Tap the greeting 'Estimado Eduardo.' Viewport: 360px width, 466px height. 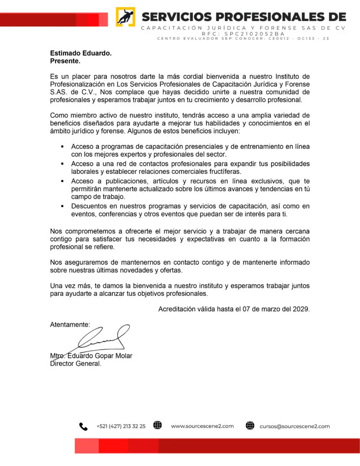coord(81,53)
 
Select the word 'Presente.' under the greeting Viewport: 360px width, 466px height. coord(65,61)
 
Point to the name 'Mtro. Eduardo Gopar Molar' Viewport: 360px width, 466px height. coord(91,356)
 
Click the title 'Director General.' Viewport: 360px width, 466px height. coord(76,364)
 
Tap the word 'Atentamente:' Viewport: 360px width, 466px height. coord(70,324)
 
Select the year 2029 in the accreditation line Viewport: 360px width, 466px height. coord(301,309)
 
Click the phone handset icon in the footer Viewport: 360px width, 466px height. coord(83,426)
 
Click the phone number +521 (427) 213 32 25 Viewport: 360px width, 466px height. coord(121,426)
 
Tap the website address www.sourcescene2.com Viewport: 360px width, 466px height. coord(202,426)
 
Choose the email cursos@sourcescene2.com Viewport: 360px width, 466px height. coord(294,426)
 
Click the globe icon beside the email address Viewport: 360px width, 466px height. coord(250,426)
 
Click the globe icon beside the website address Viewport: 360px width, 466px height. coord(157,425)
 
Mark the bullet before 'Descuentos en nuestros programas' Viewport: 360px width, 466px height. coord(62,206)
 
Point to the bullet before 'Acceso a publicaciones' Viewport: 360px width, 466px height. coord(62,181)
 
